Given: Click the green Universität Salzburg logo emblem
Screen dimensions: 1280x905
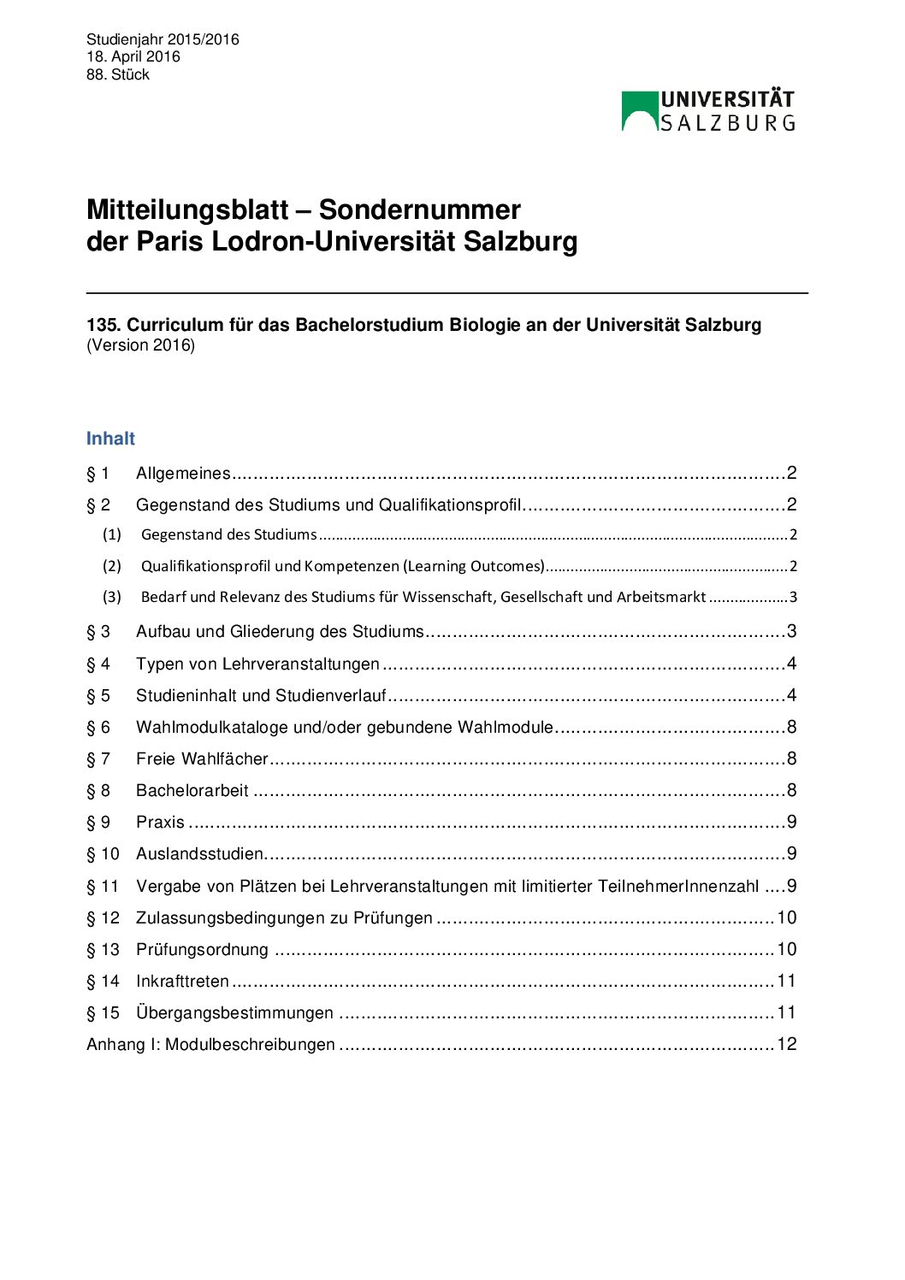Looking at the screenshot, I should [x=639, y=111].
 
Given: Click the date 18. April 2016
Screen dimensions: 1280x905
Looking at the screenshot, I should [x=133, y=56].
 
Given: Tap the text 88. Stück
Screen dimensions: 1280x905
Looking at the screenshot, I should [x=118, y=74].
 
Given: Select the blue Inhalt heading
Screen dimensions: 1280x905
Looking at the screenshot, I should [x=110, y=439].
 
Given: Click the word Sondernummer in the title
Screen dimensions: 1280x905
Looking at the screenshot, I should [x=419, y=209].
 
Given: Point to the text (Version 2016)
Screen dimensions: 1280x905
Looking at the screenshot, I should [x=140, y=345].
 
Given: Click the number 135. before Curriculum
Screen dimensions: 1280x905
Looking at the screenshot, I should [x=104, y=325].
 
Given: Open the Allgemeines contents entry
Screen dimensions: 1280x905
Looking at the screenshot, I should [x=183, y=473].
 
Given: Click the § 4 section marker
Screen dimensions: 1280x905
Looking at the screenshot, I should [x=98, y=664].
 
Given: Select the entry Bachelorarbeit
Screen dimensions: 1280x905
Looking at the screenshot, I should [x=192, y=790].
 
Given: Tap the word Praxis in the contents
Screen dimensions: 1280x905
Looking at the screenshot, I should [x=160, y=822].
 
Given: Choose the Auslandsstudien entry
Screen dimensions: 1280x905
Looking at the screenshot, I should [x=200, y=853].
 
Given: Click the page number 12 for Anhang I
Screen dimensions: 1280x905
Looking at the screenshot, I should [x=787, y=1044].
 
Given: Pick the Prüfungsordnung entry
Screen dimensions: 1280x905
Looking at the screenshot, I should [x=202, y=949].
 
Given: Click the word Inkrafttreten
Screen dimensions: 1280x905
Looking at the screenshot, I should [x=183, y=981].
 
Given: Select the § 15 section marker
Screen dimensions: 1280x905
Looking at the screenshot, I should [x=103, y=1012].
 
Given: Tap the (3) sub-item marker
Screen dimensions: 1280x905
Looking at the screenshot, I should [x=112, y=597].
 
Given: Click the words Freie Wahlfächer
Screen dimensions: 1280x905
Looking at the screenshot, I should [x=202, y=758].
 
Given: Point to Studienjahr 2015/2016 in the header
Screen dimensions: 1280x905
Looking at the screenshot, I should [x=163, y=39].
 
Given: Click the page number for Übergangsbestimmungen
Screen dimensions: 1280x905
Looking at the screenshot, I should [x=787, y=1012].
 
